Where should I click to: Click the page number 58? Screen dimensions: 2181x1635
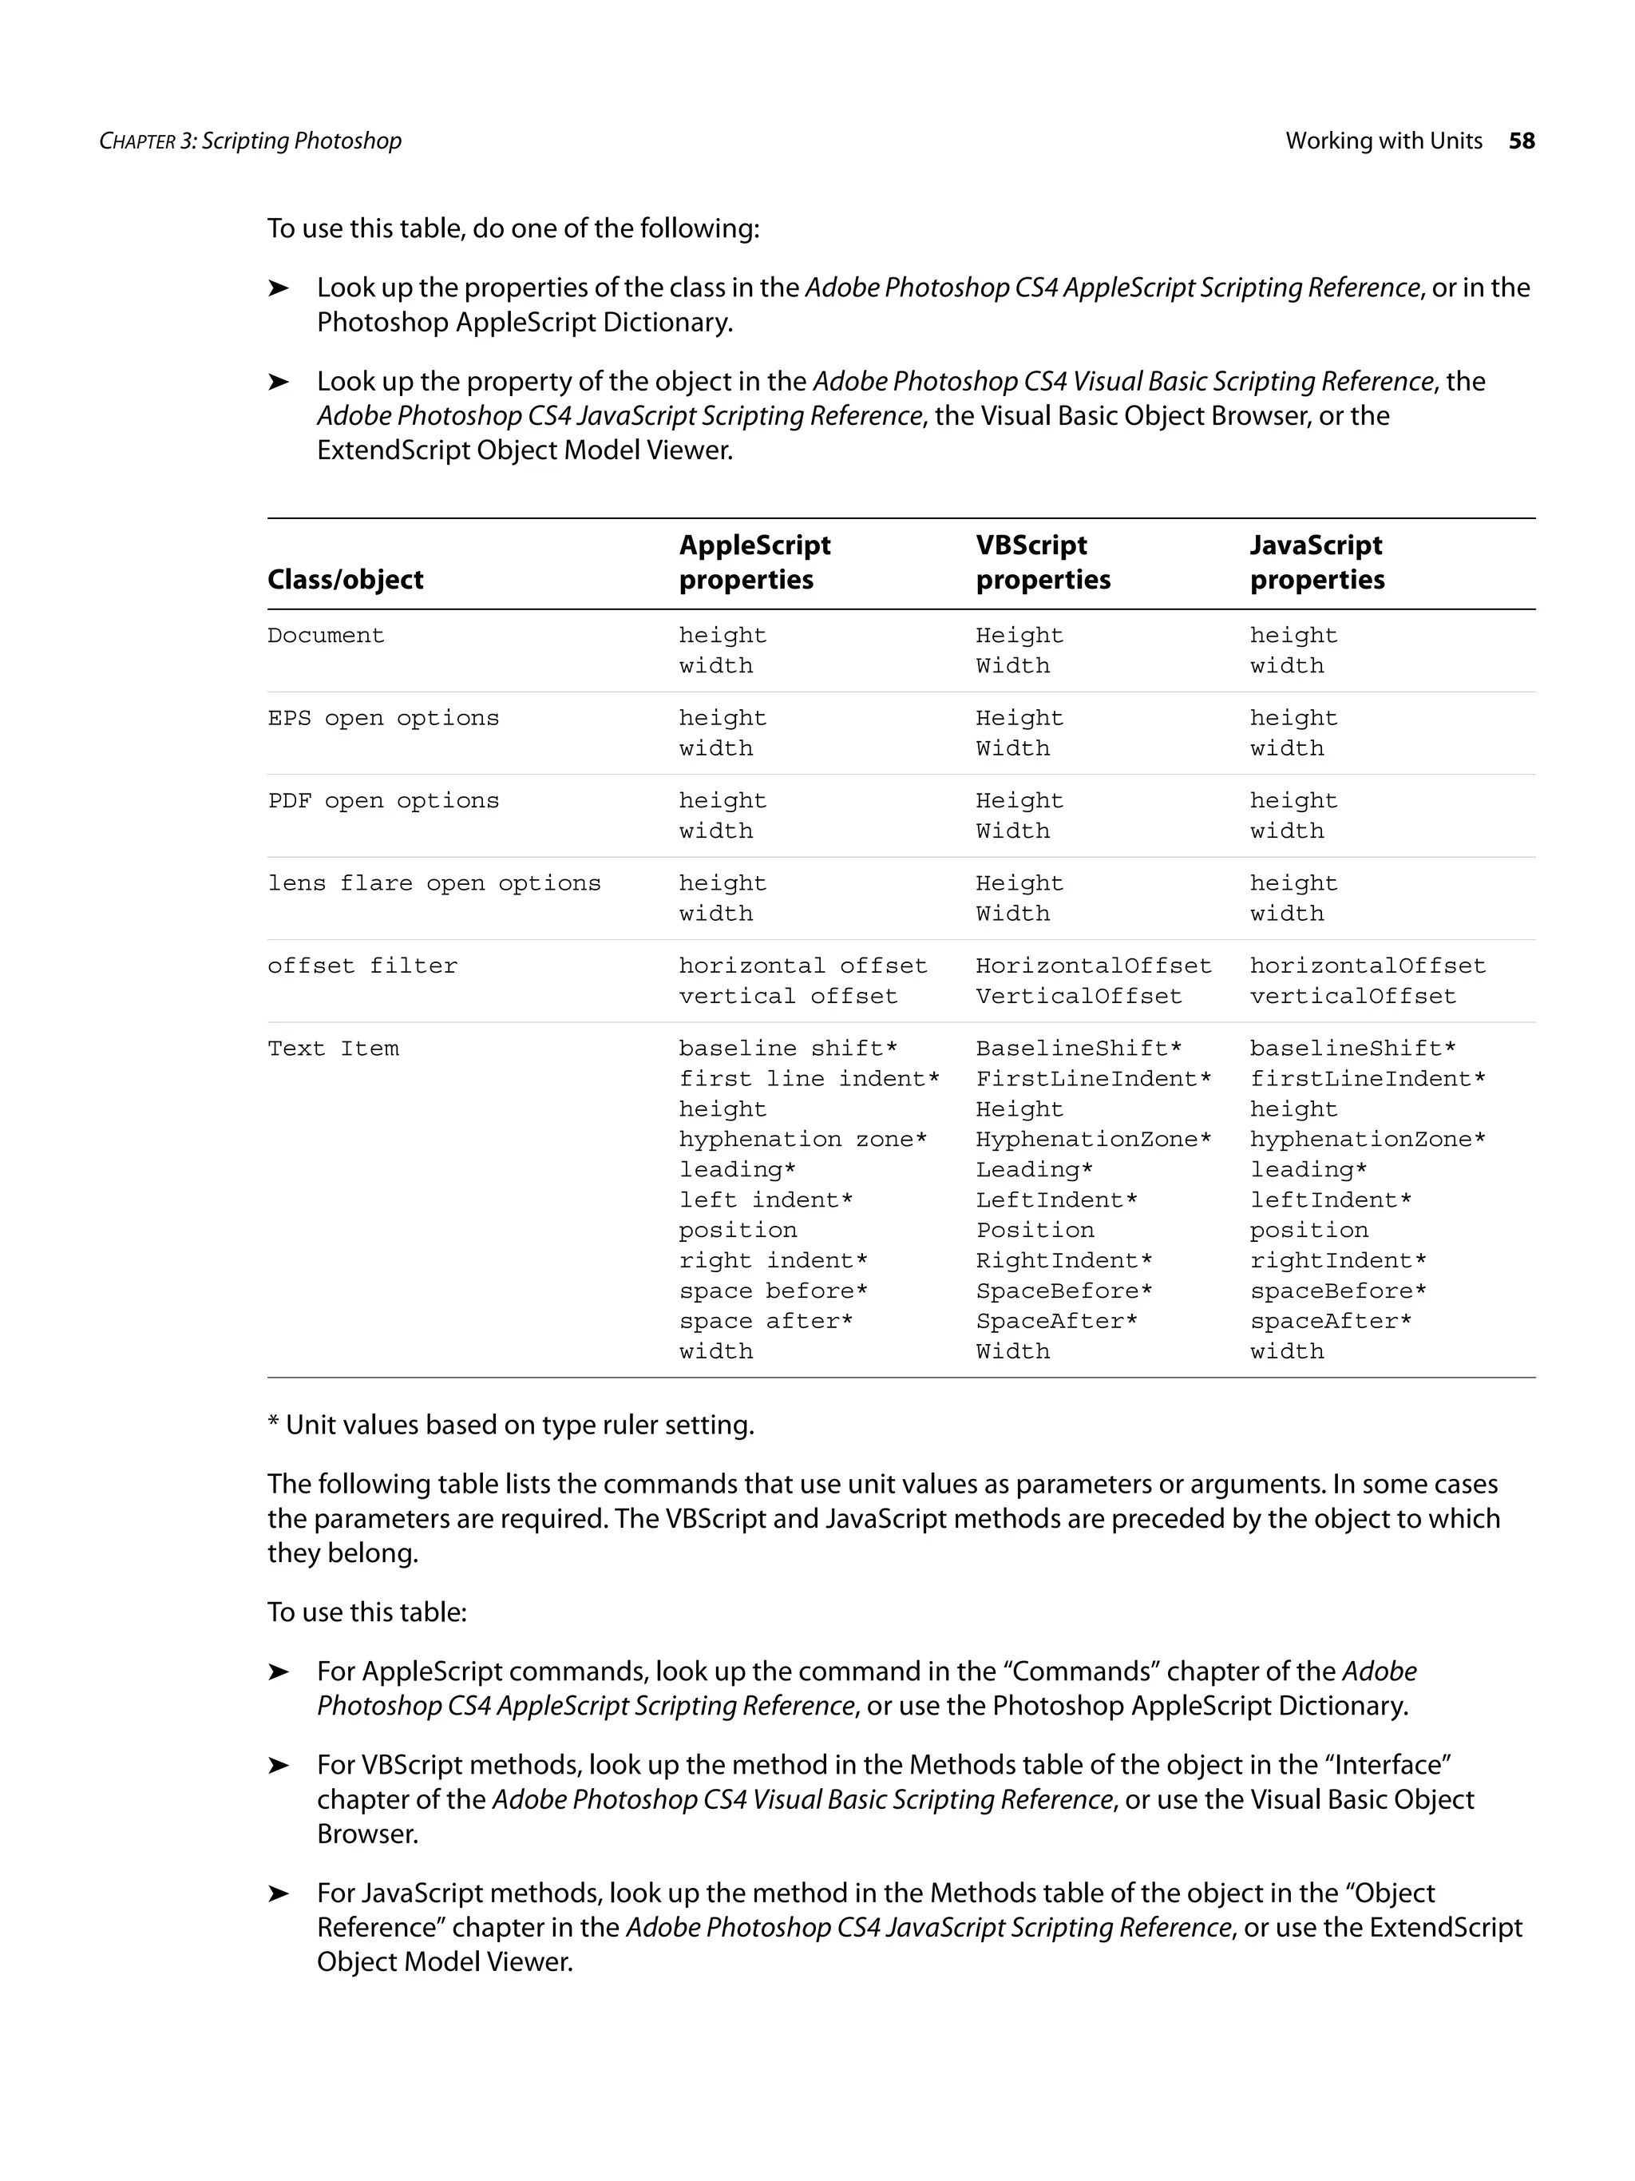point(1521,141)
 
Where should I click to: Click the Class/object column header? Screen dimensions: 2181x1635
point(345,580)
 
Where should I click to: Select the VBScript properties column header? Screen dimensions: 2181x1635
point(1043,562)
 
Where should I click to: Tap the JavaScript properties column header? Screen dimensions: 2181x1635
point(1316,562)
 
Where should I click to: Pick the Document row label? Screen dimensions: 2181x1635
point(325,636)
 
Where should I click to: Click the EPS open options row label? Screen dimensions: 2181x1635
point(382,719)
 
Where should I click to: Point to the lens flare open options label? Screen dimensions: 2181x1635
point(433,884)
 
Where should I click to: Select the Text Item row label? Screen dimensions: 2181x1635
point(333,1049)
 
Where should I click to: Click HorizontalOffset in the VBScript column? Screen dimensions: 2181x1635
point(1093,966)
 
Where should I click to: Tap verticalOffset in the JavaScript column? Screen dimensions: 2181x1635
point(1352,997)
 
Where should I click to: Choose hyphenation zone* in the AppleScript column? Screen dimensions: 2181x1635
point(802,1140)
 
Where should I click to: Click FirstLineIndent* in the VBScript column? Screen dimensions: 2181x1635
point(1093,1080)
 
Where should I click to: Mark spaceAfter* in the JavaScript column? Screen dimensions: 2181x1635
point(1331,1322)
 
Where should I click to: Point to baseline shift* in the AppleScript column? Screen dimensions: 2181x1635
point(787,1049)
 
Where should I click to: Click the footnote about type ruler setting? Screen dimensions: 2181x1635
point(510,1426)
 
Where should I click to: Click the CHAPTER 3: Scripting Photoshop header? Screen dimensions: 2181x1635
point(251,141)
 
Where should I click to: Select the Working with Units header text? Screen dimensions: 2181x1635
point(1383,141)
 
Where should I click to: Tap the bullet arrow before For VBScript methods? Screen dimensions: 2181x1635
point(278,1766)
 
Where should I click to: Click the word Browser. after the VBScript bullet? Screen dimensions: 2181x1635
point(367,1834)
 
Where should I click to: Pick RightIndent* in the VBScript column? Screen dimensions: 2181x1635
point(1063,1261)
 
